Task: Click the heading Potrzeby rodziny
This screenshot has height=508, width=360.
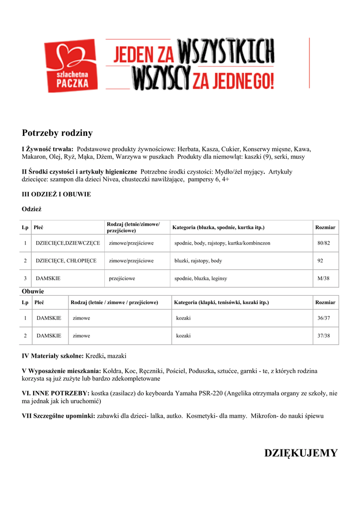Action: [57, 133]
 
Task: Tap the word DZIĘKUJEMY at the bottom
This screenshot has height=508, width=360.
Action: [301, 453]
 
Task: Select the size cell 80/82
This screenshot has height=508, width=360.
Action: [324, 243]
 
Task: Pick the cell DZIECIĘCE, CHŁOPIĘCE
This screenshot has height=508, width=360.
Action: [66, 260]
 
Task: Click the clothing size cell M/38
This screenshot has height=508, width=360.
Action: [324, 278]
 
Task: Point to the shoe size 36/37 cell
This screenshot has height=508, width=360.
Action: [324, 317]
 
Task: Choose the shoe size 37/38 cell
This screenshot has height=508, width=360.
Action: [324, 336]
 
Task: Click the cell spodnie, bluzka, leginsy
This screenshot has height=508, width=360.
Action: [201, 278]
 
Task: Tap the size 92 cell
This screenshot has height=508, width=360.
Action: [321, 260]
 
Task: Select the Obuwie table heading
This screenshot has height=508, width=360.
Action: [33, 291]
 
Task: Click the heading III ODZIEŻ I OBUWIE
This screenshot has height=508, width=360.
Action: [56, 194]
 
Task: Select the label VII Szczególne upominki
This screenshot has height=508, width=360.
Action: [58, 416]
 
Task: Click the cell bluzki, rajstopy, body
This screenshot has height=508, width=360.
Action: [198, 260]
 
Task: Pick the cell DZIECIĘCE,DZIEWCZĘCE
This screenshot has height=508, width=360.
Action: [68, 243]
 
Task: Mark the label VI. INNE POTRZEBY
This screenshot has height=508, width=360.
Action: [55, 393]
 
